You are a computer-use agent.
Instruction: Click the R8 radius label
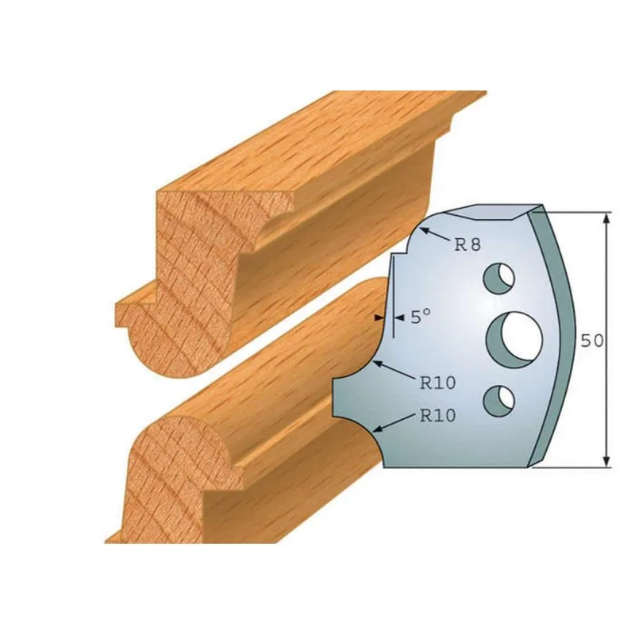(x=468, y=244)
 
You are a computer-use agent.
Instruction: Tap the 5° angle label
(x=421, y=317)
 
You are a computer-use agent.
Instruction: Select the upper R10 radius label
(x=437, y=383)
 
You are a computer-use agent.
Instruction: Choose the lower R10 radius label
(x=437, y=415)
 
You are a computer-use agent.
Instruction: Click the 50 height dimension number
(x=592, y=341)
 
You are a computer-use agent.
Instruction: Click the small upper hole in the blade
(x=499, y=279)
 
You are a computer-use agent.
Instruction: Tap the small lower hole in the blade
(x=499, y=402)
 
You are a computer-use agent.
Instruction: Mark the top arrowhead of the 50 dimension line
(x=606, y=219)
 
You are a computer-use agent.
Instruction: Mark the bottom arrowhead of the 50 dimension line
(x=606, y=460)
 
